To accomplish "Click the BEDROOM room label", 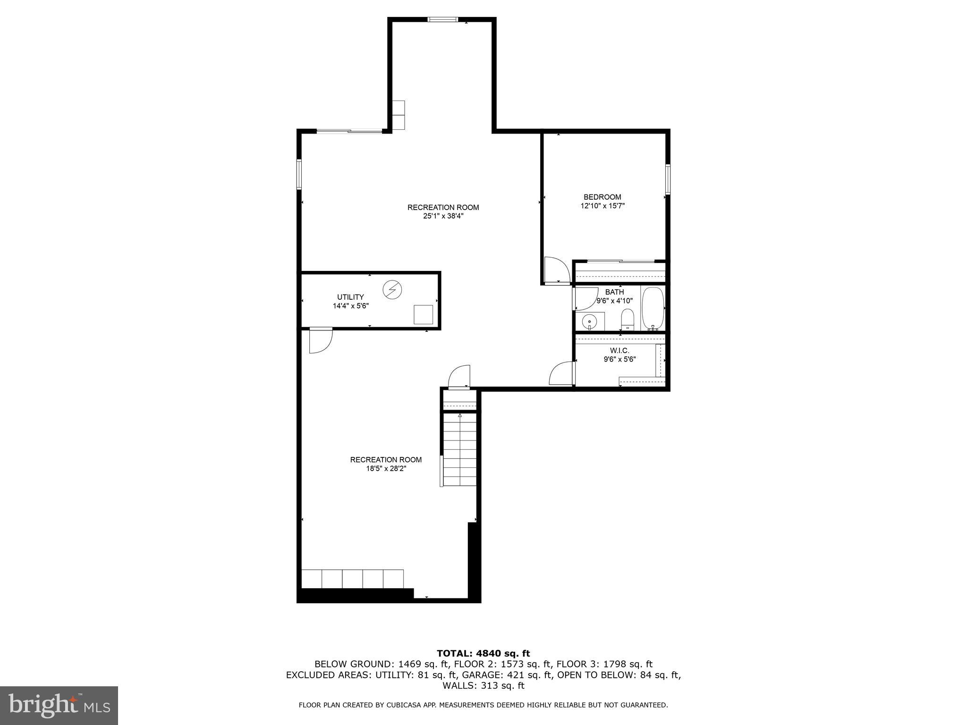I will coord(602,197).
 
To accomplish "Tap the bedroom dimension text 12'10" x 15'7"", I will coord(602,206).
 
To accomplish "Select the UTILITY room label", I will coord(350,297).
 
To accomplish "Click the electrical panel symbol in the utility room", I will coord(392,290).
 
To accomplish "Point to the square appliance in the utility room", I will coord(423,314).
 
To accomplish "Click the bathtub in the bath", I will coord(653,308).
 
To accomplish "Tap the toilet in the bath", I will coord(627,320).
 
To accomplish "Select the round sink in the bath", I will coord(589,322).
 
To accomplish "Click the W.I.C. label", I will coord(619,350).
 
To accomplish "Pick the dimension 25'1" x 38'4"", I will coord(443,216).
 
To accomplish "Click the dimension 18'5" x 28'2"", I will coord(385,469).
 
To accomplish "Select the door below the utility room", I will coord(320,340).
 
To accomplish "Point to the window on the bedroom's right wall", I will coord(668,179).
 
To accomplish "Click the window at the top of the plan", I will coord(442,19).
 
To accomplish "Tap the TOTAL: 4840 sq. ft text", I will coord(483,653).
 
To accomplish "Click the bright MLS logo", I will coord(59,705).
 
